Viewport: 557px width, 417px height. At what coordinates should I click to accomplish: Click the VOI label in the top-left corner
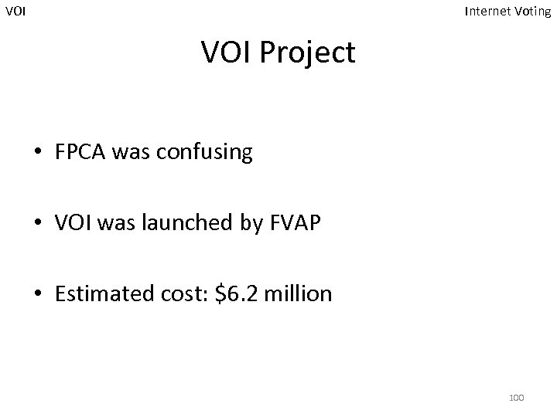coord(15,12)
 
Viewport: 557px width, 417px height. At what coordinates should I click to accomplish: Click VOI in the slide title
coord(227,53)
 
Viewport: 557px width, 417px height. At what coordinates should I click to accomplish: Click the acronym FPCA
coord(81,152)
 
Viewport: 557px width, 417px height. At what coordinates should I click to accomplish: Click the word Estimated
coord(102,294)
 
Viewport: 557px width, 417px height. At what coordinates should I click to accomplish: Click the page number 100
coord(516,397)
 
